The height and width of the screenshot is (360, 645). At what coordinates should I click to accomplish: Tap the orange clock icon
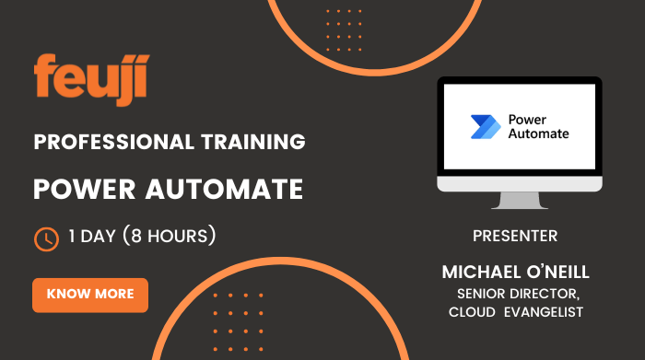[x=46, y=238]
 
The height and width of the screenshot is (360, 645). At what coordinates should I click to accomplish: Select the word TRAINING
[x=252, y=143]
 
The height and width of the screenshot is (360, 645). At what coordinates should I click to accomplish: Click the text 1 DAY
[x=90, y=236]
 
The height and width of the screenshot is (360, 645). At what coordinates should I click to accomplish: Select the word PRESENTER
[x=515, y=236]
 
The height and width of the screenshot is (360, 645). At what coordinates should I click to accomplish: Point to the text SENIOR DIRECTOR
[x=515, y=293]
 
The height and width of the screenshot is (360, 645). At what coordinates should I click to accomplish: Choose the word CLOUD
[x=474, y=312]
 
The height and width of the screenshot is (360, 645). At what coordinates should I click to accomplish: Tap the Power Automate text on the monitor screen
[x=539, y=127]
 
